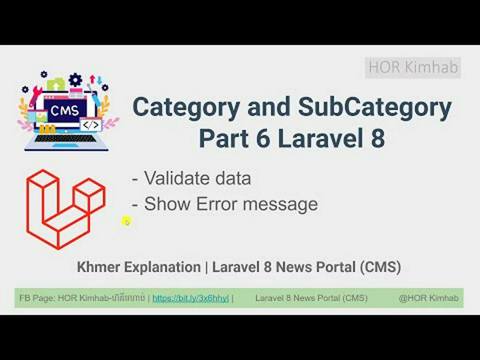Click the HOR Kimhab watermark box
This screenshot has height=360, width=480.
(413, 67)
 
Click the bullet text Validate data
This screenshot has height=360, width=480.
(197, 178)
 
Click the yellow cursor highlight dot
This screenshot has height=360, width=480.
(126, 221)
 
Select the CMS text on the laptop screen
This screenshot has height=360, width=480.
(64, 111)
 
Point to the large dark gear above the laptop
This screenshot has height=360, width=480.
(75, 79)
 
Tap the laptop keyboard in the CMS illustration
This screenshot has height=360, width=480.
(65, 138)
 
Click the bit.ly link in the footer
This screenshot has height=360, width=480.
(190, 298)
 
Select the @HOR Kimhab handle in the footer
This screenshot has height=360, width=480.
(428, 298)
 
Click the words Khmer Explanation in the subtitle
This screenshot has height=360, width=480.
(139, 267)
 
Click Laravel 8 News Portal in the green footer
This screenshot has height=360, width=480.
(311, 298)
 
